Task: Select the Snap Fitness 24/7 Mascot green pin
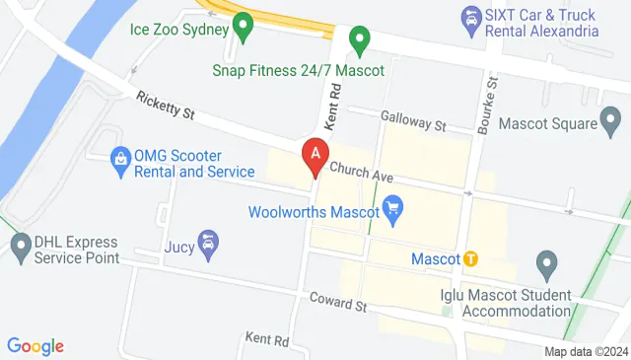360,42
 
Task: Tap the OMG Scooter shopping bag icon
119,158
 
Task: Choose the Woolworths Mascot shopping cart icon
394,209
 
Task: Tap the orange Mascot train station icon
471,258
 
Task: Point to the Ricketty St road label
166,106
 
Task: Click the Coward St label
337,301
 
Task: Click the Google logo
35,346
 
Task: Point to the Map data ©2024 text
586,351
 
